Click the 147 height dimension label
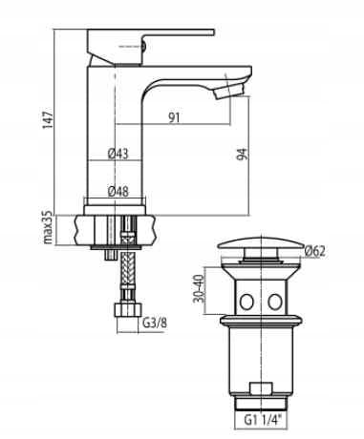(x=48, y=119)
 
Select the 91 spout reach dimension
(x=174, y=118)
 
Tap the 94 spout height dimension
(x=242, y=155)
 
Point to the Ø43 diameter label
(x=118, y=154)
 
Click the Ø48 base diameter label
(x=118, y=192)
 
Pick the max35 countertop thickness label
(x=48, y=227)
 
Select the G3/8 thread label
(x=155, y=324)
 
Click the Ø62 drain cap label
(x=315, y=251)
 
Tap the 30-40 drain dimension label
(x=199, y=288)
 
